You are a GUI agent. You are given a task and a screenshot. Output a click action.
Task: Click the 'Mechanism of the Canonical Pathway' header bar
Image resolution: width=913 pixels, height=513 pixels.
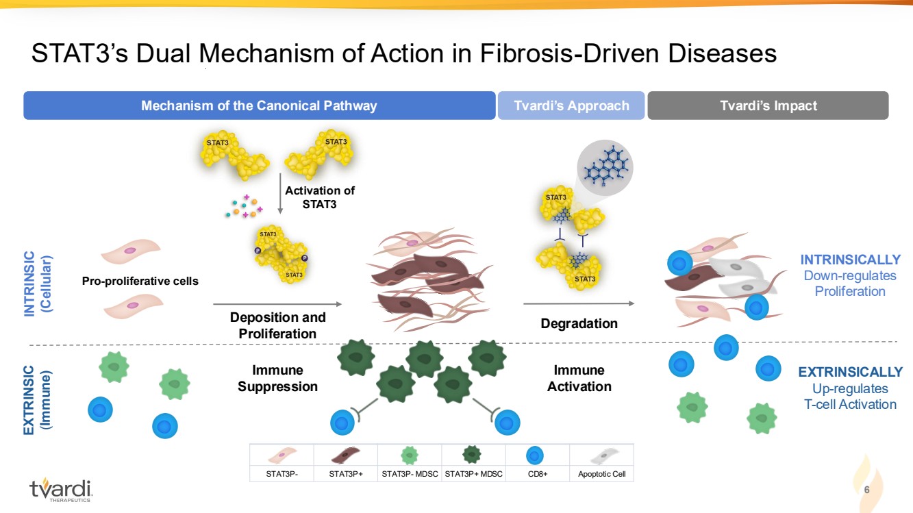(259, 105)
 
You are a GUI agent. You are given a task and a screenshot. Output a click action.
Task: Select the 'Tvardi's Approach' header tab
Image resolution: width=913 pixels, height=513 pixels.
(571, 105)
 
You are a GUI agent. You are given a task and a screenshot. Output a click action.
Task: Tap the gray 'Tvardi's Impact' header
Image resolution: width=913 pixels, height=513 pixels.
(768, 105)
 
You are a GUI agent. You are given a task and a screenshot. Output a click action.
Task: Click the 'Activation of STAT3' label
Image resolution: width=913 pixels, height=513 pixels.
(320, 197)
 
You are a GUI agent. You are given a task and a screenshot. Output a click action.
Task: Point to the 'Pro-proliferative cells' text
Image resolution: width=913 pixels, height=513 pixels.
(140, 281)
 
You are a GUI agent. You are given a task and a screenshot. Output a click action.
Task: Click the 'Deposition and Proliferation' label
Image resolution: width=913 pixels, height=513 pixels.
(277, 325)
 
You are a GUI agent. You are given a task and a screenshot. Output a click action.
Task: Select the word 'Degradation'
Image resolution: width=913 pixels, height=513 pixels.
(579, 323)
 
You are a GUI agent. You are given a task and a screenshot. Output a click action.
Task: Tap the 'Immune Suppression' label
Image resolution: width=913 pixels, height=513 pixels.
(277, 378)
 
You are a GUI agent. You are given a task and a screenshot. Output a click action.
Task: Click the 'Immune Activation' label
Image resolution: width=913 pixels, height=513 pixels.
(579, 378)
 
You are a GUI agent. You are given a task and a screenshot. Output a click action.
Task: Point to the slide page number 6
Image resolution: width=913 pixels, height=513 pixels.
(867, 490)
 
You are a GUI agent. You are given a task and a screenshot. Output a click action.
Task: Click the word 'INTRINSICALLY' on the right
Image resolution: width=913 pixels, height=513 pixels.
(850, 260)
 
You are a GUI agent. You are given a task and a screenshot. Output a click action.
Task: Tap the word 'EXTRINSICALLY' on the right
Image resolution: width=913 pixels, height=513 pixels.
(850, 372)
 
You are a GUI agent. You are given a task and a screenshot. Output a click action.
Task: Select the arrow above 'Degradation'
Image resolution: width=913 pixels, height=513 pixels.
(579, 303)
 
